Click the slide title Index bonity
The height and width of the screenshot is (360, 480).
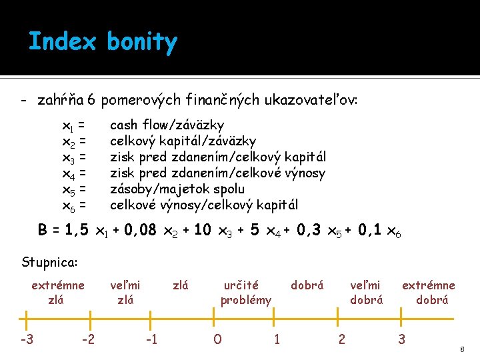point(103,42)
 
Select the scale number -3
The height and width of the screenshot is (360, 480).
point(27,339)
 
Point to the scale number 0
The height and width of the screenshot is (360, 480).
point(217,339)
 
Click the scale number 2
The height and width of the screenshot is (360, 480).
point(341,339)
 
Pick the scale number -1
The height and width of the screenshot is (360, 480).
point(151,339)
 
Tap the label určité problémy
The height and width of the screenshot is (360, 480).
point(246,293)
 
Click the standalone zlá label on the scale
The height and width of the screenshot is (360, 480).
point(181,285)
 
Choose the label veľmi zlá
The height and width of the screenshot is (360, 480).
point(125,293)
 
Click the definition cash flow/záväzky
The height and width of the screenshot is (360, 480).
point(167,125)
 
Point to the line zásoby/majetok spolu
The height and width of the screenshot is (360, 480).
point(177,189)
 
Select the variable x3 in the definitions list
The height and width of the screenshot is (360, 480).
point(69,157)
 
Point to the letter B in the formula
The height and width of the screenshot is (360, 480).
point(43,231)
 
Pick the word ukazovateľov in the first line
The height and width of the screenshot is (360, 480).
point(313,100)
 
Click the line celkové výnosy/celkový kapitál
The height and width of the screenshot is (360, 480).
point(203,205)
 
